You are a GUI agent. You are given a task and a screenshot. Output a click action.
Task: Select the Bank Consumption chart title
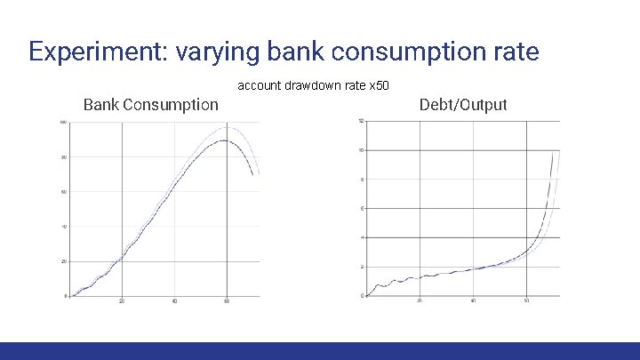(x=150, y=105)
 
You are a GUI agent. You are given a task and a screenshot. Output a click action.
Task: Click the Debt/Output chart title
(x=462, y=105)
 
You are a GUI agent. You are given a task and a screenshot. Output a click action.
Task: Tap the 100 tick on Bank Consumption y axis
(x=63, y=122)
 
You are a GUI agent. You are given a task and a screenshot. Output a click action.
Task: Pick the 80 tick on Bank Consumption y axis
(x=64, y=157)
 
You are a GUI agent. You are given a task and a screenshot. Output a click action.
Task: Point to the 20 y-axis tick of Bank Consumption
(x=64, y=261)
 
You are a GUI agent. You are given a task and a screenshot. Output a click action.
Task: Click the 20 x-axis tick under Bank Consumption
(x=122, y=302)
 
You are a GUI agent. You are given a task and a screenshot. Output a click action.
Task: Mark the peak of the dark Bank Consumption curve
(x=225, y=140)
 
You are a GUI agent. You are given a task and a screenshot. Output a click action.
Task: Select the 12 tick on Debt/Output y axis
(x=361, y=121)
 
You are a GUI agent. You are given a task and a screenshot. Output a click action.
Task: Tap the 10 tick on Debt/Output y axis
(x=361, y=150)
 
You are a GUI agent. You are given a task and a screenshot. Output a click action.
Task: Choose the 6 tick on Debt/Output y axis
(x=362, y=208)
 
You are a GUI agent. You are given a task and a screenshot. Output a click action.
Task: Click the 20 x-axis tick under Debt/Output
(x=420, y=302)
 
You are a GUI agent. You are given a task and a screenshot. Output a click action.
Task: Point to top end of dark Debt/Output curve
(x=553, y=153)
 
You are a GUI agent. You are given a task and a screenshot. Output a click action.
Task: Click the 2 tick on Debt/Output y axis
(x=362, y=267)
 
